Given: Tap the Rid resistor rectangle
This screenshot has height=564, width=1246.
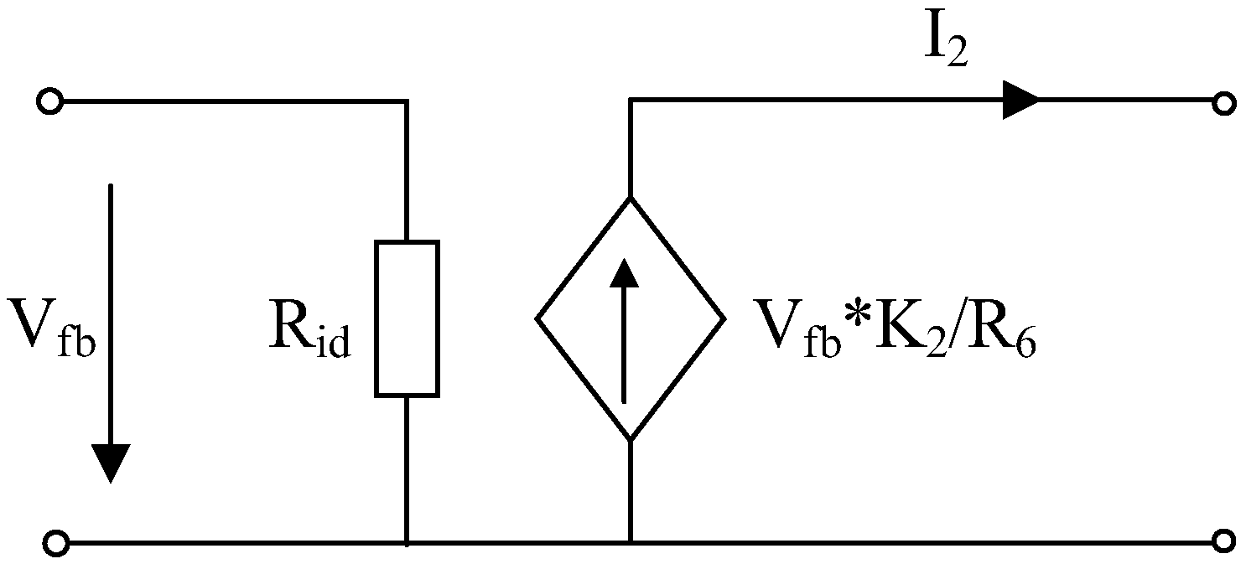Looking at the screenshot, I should click(x=407, y=318).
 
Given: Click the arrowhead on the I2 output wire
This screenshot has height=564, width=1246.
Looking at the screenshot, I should click(x=1021, y=101).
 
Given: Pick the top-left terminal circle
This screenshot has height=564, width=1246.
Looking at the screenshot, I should click(x=49, y=102).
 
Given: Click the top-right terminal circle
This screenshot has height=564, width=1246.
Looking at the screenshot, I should click(x=1223, y=104).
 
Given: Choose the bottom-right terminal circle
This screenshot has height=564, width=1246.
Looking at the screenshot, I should click(x=1223, y=541).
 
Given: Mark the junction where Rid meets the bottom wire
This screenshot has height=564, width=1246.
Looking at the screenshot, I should click(x=407, y=543).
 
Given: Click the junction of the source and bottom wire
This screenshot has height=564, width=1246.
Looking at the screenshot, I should click(x=630, y=543).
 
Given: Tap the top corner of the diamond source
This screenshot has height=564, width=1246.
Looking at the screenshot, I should click(x=630, y=197).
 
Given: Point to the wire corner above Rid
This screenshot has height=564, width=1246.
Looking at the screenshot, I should click(x=407, y=101).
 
